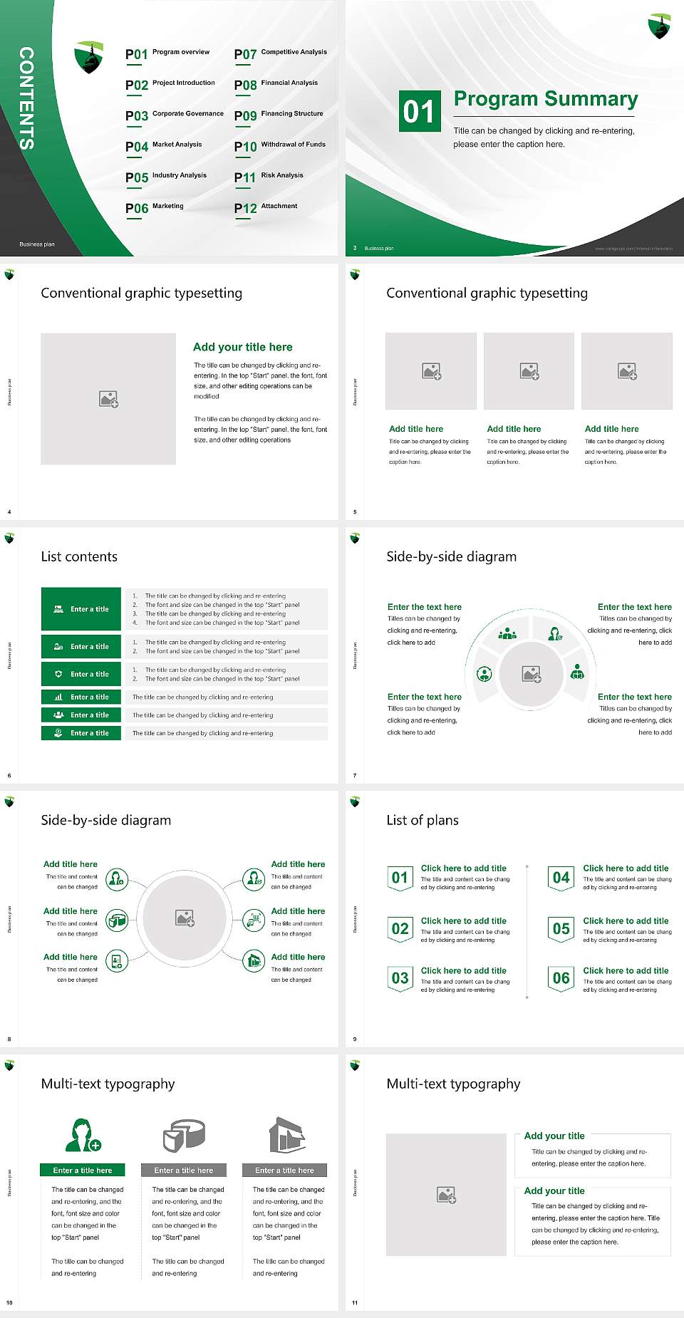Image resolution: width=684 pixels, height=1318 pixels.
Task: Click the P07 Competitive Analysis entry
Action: coord(281,53)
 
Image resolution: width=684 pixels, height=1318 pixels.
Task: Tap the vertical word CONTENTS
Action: coord(26,98)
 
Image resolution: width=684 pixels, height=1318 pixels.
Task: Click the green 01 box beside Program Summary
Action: coord(419,111)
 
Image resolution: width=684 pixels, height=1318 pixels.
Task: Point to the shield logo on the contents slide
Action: coord(89,58)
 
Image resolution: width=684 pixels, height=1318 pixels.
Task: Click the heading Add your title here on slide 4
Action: coord(242,347)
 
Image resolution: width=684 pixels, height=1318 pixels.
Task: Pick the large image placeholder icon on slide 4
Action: coord(108,399)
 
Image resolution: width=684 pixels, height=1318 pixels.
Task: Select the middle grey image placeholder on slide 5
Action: coord(529,371)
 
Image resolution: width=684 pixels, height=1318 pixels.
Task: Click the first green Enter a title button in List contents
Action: coord(81,609)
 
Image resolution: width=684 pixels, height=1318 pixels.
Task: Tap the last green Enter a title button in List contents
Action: coord(81,733)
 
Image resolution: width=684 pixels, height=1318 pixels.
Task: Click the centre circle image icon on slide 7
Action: coord(532,674)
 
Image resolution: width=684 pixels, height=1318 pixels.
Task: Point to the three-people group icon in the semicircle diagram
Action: coord(507,633)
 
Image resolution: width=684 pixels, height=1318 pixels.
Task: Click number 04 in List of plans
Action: coord(561,878)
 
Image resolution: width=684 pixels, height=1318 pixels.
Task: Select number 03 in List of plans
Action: coord(400,978)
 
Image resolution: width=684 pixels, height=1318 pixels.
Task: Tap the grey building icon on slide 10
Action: coord(287,1135)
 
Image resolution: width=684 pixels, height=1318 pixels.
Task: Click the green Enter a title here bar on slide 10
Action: coord(82,1170)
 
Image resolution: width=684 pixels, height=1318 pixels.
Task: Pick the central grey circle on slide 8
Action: coord(185,918)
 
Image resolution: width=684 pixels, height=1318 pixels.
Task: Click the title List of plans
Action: coord(423,820)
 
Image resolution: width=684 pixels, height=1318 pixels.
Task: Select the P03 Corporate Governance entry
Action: coord(175,115)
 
